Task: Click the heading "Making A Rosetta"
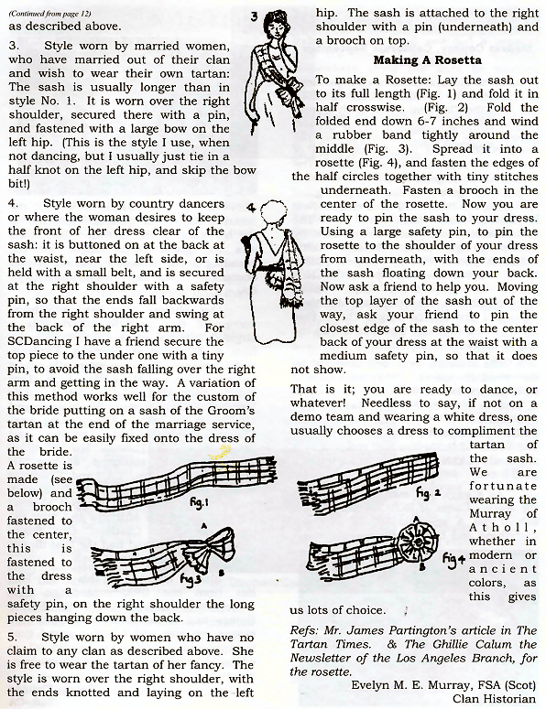[428, 60]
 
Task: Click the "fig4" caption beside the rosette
[454, 559]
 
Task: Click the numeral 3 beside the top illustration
[255, 16]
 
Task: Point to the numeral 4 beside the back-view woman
[252, 208]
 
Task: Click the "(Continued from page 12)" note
[49, 14]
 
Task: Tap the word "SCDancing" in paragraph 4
[40, 342]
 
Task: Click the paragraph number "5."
[13, 638]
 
